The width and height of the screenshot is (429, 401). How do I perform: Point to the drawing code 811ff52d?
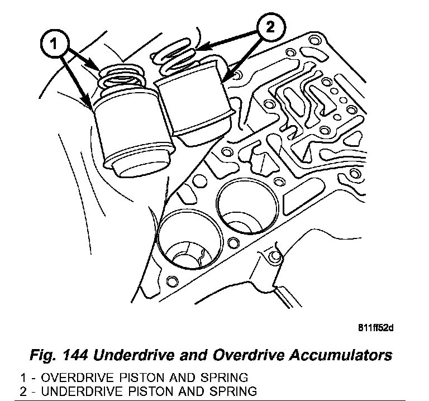click(375, 327)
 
